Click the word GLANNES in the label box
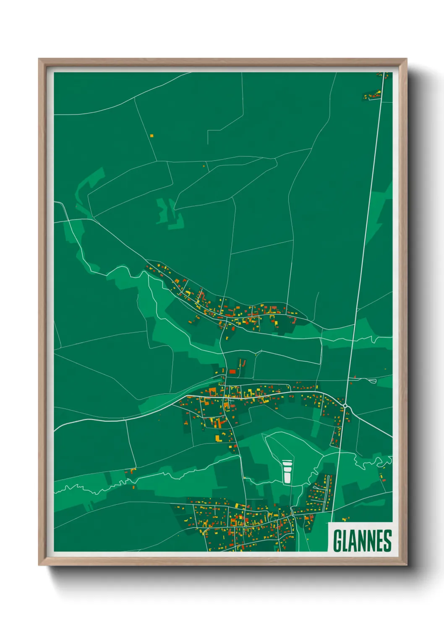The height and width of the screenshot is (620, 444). click(362, 541)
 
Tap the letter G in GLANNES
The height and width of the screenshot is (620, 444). click(337, 541)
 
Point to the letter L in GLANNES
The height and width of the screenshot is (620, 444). click(345, 541)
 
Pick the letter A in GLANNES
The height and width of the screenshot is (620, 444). click(353, 541)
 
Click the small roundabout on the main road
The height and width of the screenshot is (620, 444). click(345, 406)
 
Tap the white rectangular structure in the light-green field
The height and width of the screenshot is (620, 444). click(287, 472)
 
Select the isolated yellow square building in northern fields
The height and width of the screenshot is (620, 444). click(152, 135)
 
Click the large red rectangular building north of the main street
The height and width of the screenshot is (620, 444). click(232, 371)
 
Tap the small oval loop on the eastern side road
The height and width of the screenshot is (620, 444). click(371, 381)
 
